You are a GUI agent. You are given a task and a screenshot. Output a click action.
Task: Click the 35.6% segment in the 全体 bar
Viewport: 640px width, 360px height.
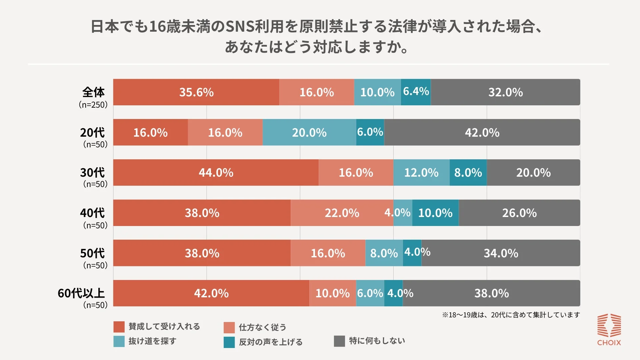pyautogui.click(x=196, y=92)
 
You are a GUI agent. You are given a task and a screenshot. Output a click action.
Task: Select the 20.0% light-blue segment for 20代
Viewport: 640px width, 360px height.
pyautogui.click(x=309, y=133)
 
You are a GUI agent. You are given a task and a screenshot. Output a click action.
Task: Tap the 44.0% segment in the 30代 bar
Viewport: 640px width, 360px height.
pyautogui.click(x=216, y=173)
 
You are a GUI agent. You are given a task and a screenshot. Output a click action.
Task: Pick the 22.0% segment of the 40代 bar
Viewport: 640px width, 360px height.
pyautogui.click(x=342, y=213)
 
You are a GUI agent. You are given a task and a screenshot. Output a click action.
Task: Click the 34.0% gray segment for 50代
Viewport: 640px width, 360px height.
pyautogui.click(x=501, y=253)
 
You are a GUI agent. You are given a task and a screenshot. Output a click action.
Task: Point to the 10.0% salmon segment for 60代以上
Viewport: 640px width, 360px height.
pyautogui.click(x=332, y=293)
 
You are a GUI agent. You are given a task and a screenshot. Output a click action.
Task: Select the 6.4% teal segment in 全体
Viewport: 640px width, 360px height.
pyautogui.click(x=416, y=92)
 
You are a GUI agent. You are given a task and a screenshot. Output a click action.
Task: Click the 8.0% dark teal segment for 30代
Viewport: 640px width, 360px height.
pyautogui.click(x=468, y=173)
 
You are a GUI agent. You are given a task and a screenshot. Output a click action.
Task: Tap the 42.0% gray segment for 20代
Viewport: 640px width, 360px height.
pyautogui.click(x=482, y=133)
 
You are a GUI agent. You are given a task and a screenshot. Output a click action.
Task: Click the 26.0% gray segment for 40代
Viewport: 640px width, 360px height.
pyautogui.click(x=519, y=213)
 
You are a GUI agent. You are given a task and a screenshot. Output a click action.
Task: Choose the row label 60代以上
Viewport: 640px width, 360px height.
pyautogui.click(x=81, y=293)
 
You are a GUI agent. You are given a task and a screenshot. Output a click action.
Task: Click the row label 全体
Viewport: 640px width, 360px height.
pyautogui.click(x=93, y=92)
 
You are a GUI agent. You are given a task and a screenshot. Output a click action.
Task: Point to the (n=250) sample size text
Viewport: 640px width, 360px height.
pyautogui.click(x=93, y=105)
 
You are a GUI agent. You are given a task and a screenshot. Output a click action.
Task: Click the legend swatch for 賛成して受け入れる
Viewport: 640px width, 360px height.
pyautogui.click(x=119, y=327)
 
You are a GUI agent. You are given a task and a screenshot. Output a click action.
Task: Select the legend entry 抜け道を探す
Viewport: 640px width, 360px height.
pyautogui.click(x=152, y=341)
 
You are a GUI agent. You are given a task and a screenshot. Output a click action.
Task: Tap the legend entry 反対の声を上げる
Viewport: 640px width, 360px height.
pyautogui.click(x=270, y=342)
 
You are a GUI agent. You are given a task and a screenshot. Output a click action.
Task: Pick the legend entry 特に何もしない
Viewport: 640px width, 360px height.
pyautogui.click(x=377, y=341)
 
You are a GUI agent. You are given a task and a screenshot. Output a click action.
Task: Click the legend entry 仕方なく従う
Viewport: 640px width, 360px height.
pyautogui.click(x=262, y=327)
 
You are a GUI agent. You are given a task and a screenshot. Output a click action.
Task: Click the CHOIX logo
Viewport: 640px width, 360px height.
pyautogui.click(x=609, y=330)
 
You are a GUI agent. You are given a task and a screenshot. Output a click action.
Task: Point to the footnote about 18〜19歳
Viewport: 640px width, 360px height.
pyautogui.click(x=511, y=315)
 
